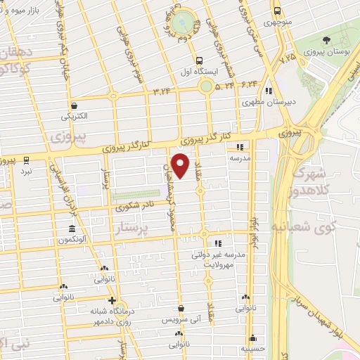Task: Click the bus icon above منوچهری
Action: (x=277, y=11)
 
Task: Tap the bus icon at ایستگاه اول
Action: (x=200, y=60)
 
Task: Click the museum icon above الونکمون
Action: (x=72, y=229)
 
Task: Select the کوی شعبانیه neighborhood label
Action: (x=314, y=227)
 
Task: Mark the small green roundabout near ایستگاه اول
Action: (x=206, y=88)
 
